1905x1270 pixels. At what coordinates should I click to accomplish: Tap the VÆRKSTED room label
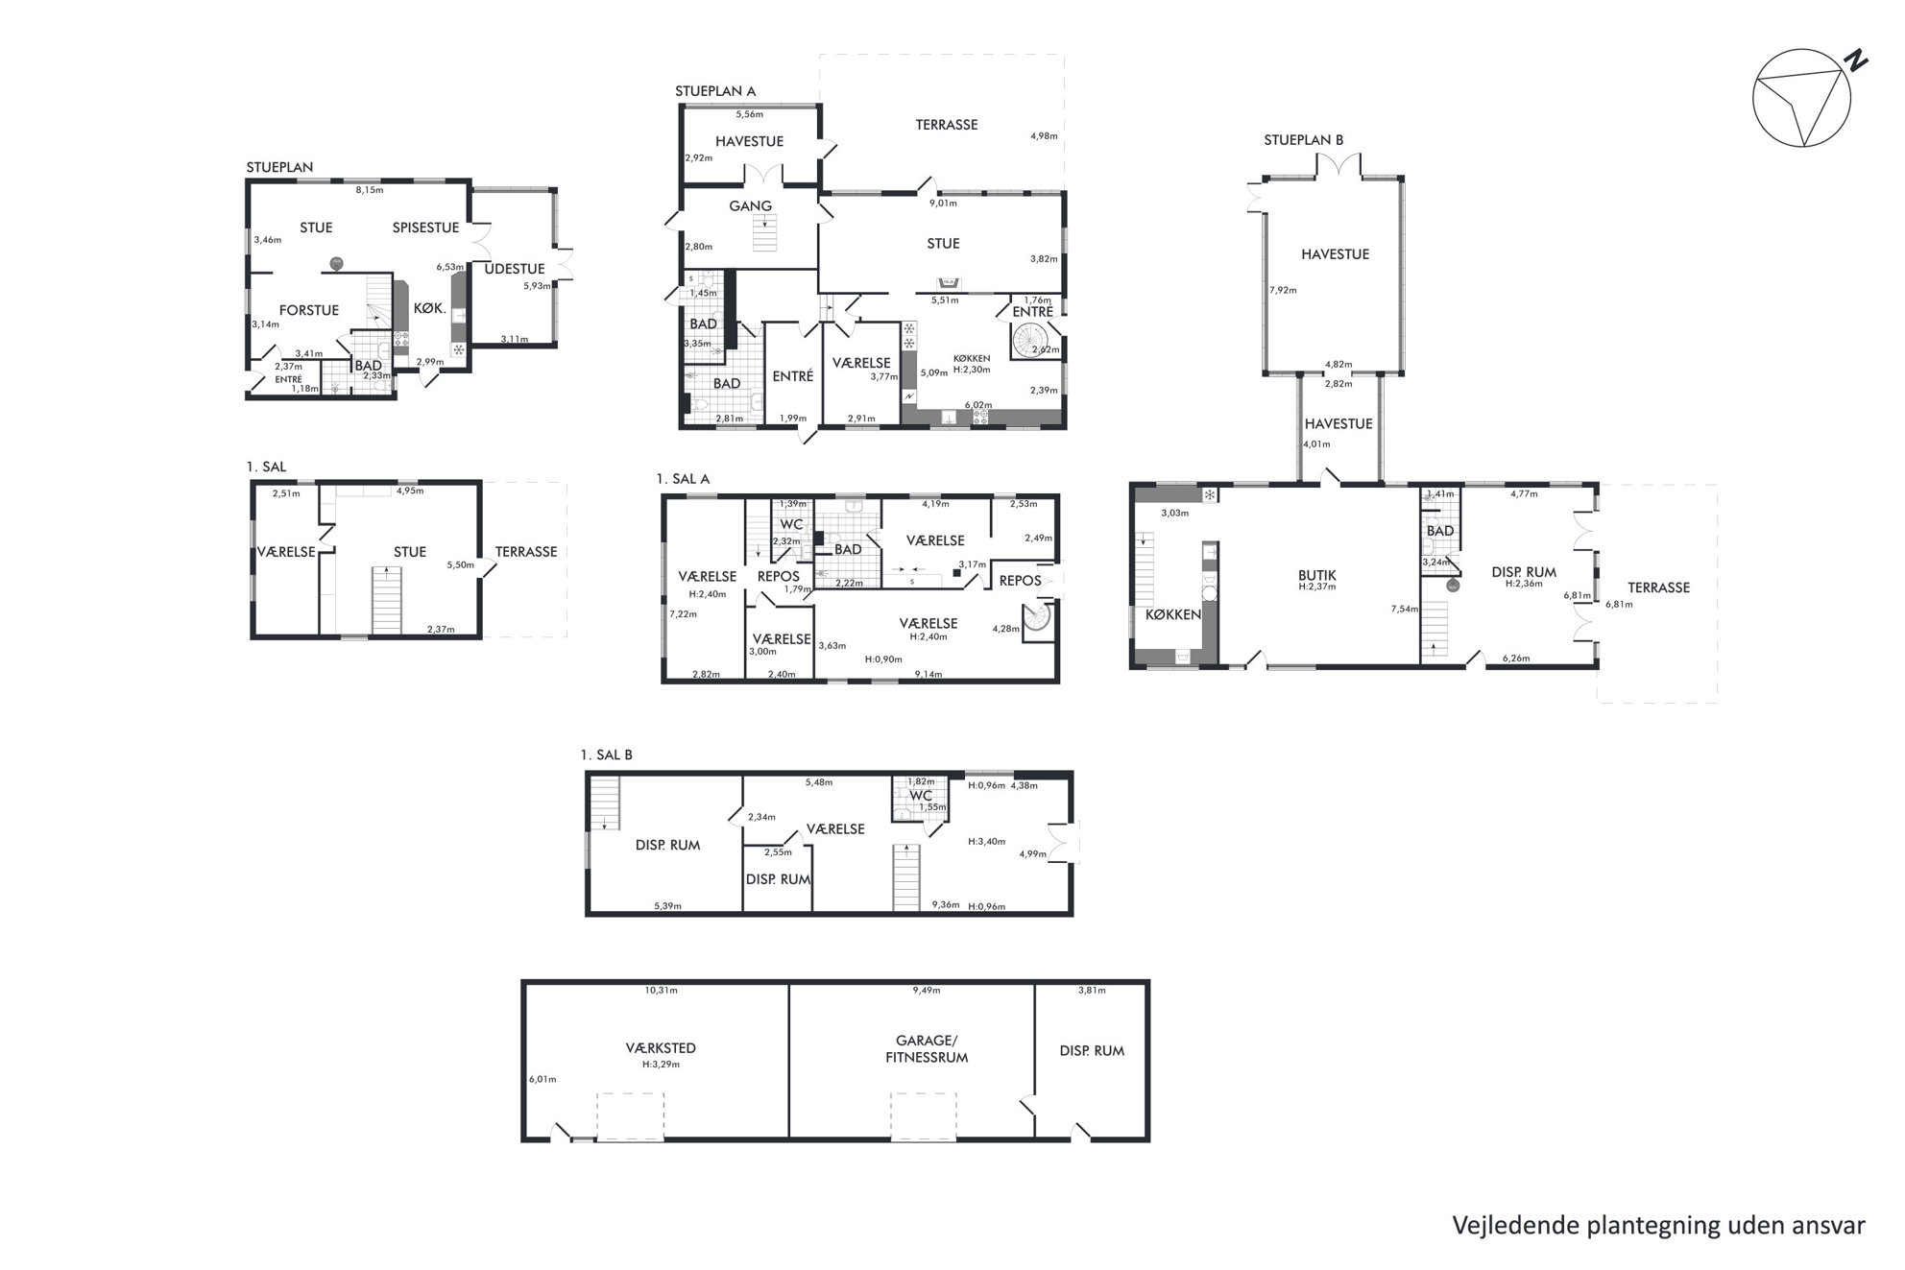(661, 1048)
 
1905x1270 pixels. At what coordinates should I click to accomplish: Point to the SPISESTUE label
(425, 228)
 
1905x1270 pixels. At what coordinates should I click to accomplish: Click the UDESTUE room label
(515, 269)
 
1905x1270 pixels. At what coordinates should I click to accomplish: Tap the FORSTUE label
(309, 310)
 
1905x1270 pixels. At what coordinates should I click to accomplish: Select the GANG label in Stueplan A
(751, 205)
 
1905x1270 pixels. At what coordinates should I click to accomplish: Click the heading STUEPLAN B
(1303, 140)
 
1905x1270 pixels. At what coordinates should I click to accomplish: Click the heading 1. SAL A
(683, 479)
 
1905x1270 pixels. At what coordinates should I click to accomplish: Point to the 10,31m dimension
(661, 990)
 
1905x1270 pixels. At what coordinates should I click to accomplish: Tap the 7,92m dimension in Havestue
(1283, 290)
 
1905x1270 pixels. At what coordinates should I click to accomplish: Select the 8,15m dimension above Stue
(370, 190)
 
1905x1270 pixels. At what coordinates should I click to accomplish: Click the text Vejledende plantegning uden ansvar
(1658, 1226)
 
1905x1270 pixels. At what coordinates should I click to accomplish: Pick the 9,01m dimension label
(944, 203)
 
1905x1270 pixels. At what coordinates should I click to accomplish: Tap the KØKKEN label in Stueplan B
(1173, 614)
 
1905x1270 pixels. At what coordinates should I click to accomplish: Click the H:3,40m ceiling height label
(987, 842)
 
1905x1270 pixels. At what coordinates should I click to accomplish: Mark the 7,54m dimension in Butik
(1404, 609)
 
